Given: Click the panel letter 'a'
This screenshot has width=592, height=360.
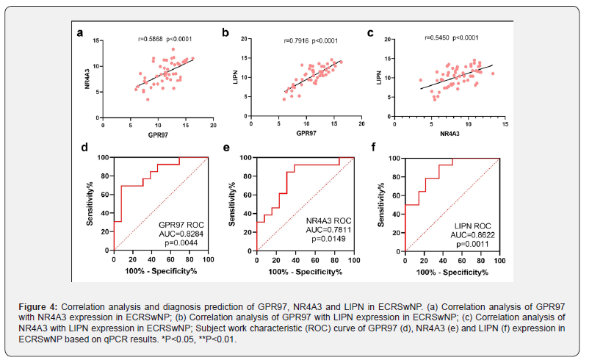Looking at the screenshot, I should click(81, 32).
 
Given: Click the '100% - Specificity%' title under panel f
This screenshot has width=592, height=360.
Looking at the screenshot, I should click(452, 271).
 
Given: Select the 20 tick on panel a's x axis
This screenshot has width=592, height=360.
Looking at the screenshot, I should click(213, 125).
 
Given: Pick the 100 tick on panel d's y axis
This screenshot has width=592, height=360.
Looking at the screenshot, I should click(104, 157).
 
